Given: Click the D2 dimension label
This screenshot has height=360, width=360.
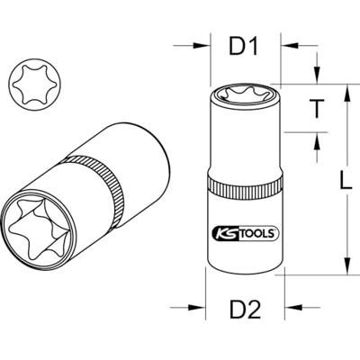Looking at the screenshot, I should click(245, 312).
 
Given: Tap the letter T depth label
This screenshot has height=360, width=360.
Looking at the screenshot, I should click(318, 109).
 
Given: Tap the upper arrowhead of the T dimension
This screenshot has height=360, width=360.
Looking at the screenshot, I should click(318, 81).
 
